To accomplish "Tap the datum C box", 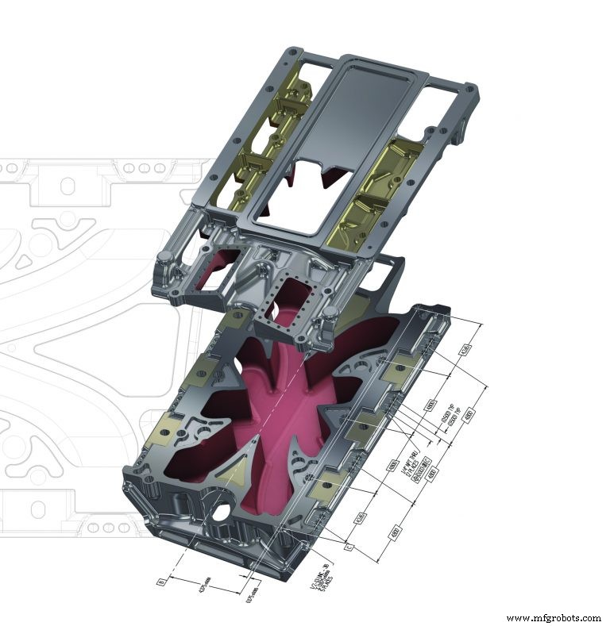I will pyautogui.click(x=347, y=547).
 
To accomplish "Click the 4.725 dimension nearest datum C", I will pyautogui.click(x=361, y=519).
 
